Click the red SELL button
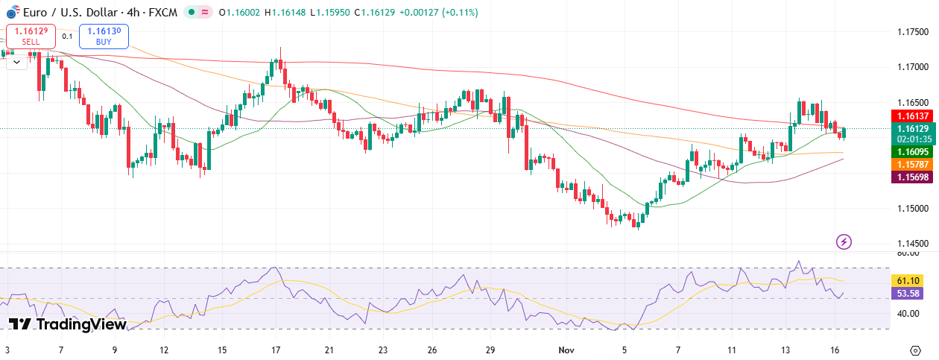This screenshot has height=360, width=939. click(31, 36)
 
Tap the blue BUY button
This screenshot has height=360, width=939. click(104, 36)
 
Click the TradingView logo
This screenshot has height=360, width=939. click(67, 324)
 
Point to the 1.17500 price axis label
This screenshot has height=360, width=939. click(912, 32)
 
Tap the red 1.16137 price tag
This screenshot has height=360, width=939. click(912, 116)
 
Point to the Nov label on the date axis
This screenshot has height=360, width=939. click(566, 349)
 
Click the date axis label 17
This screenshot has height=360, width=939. click(276, 349)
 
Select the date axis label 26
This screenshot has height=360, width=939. click(432, 349)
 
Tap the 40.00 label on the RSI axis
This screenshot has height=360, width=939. click(907, 314)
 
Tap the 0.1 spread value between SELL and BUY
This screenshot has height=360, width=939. click(67, 36)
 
